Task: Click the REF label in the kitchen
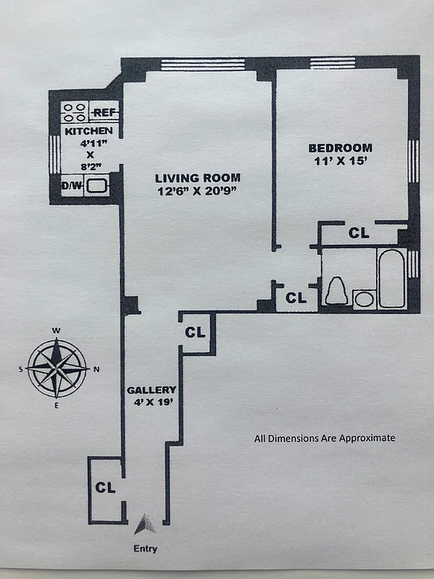(x=105, y=113)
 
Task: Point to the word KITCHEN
(x=88, y=131)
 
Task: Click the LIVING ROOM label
(x=197, y=178)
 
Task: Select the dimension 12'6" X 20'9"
(x=197, y=191)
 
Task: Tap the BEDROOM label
(x=338, y=147)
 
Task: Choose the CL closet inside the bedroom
(x=359, y=233)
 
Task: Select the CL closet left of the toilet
(x=296, y=297)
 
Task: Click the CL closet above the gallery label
(x=195, y=333)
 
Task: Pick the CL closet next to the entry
(x=106, y=488)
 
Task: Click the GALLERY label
(x=151, y=390)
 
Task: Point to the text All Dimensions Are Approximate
(x=324, y=438)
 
